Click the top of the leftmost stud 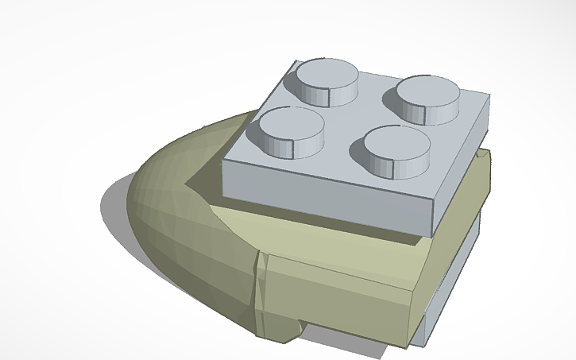coord(292,124)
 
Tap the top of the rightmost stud coord(428,93)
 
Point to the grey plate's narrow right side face coord(461,171)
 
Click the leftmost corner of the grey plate coord(224,159)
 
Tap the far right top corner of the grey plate coord(489,97)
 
